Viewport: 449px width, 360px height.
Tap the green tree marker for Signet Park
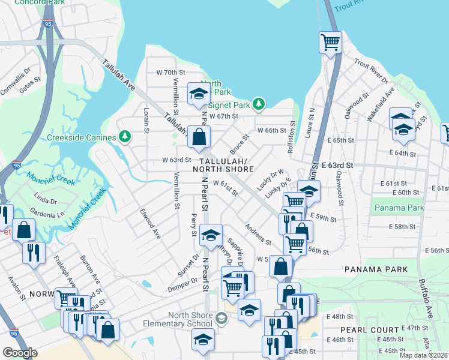pyautogui.click(x=259, y=104)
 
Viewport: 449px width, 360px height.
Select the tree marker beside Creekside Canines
pyautogui.click(x=125, y=137)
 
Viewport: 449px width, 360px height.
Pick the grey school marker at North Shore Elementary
pyautogui.click(x=221, y=317)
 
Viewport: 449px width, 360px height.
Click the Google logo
pyautogui.click(x=20, y=353)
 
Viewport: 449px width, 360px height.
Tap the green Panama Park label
pyautogui.click(x=399, y=208)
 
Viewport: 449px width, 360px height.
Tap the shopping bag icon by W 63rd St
pyautogui.click(x=199, y=137)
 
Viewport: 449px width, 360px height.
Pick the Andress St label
pyautogui.click(x=258, y=234)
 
